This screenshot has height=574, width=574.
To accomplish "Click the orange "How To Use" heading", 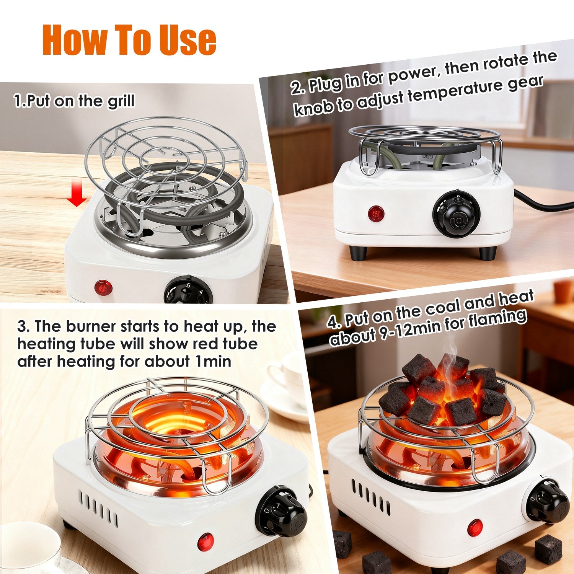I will click(x=129, y=40).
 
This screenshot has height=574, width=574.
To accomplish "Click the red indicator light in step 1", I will click(x=103, y=287).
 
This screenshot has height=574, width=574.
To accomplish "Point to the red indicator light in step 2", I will click(x=376, y=213).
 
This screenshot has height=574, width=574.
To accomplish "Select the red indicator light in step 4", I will click(x=475, y=528).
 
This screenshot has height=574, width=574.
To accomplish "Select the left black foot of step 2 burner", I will click(x=358, y=253).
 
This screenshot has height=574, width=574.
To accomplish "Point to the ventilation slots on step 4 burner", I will click(x=370, y=496).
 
